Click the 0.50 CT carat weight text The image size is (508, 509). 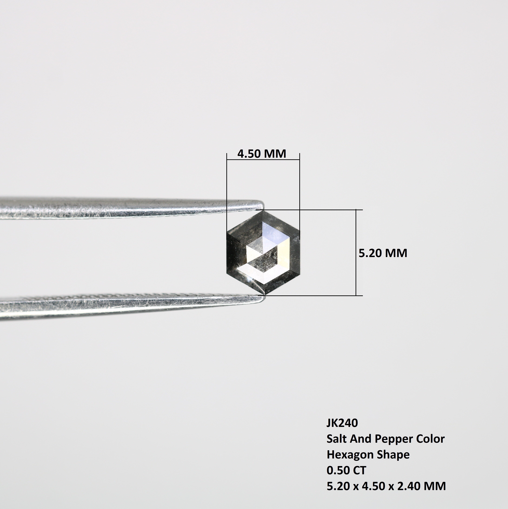click(346, 471)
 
